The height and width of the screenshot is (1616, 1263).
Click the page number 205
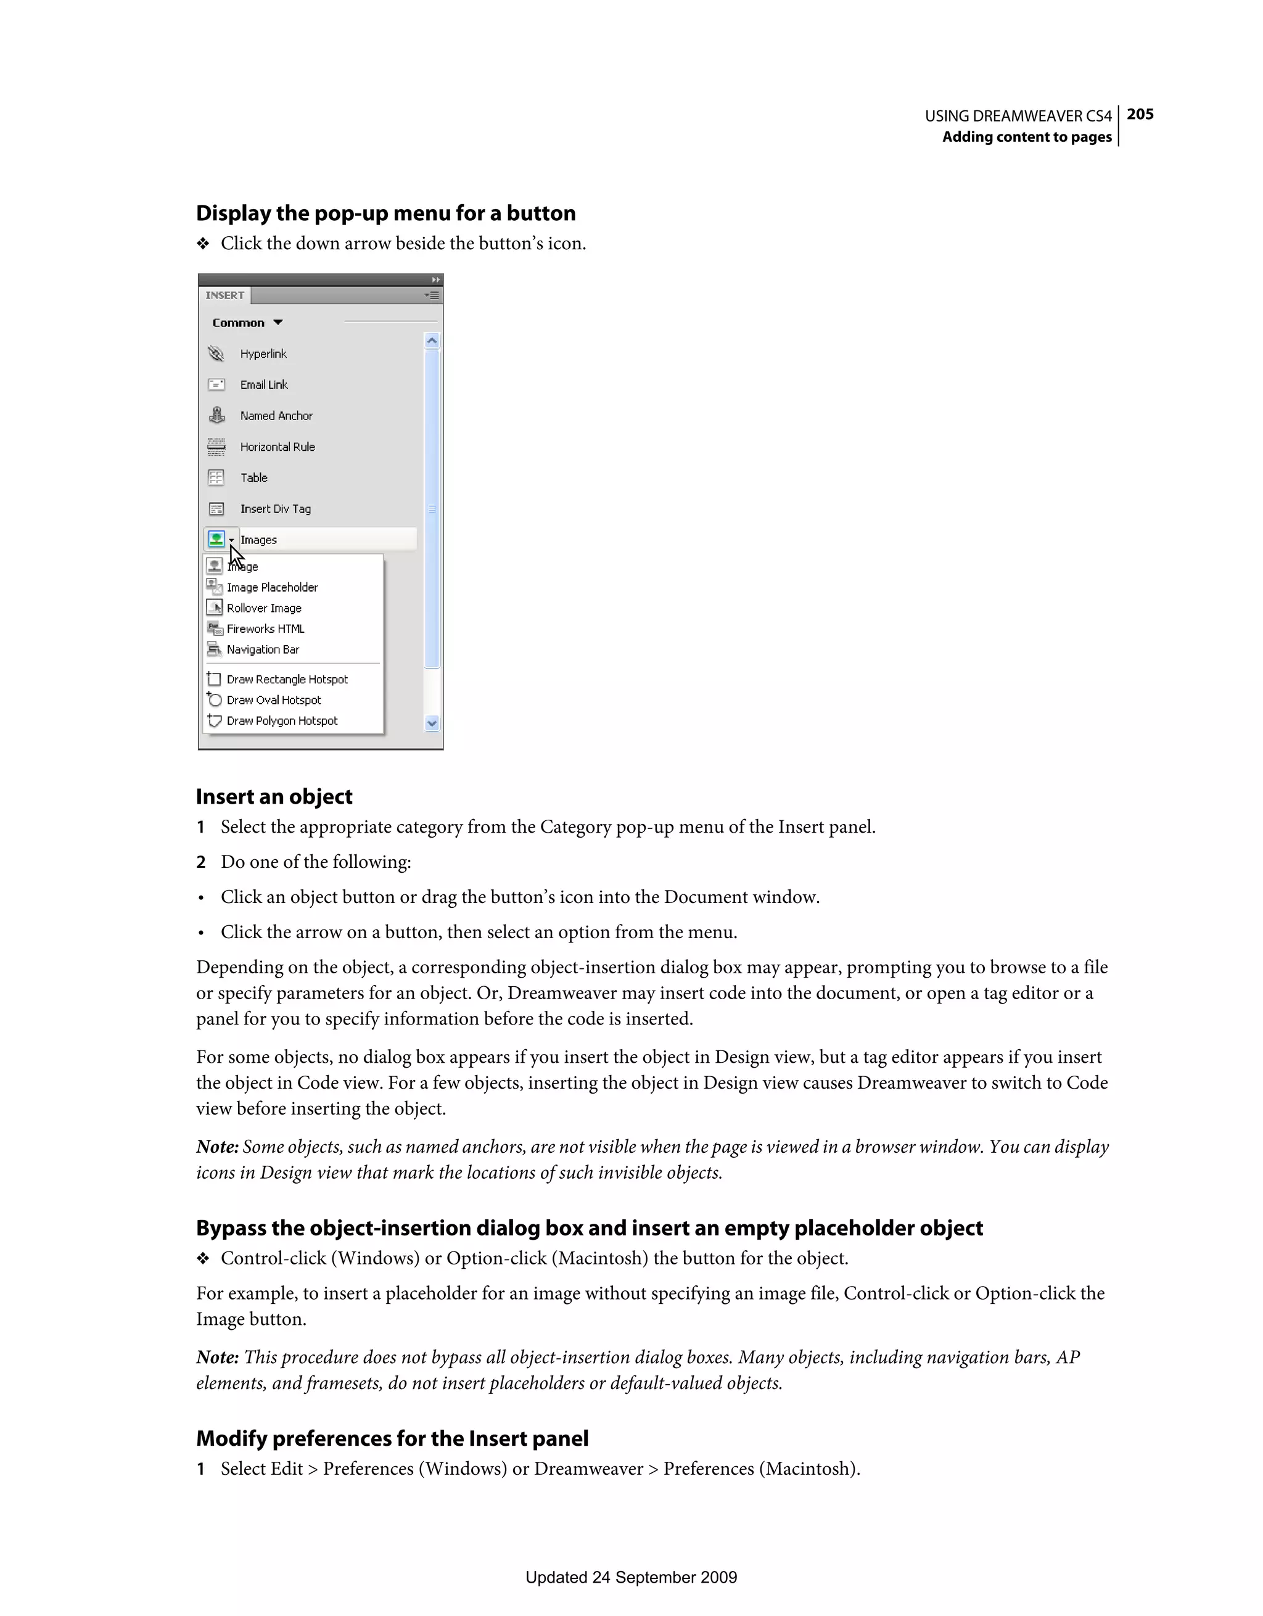[x=1140, y=114]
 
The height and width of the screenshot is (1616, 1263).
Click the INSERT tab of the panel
[x=225, y=295]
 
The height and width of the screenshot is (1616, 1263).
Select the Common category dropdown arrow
[x=278, y=323]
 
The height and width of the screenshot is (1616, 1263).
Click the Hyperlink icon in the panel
[x=216, y=353]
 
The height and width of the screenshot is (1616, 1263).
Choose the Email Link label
[x=263, y=385]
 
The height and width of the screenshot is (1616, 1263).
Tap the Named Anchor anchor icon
[x=216, y=416]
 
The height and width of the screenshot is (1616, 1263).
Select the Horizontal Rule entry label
[x=278, y=447]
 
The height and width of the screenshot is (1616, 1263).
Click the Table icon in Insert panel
[x=216, y=478]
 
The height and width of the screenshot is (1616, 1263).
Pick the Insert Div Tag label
[x=275, y=509]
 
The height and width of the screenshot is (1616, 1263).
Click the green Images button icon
[x=216, y=540]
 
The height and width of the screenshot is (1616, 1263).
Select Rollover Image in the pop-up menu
[x=264, y=608]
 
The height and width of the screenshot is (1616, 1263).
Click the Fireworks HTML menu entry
[x=266, y=629]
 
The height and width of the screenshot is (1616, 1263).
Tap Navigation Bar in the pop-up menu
[x=263, y=649]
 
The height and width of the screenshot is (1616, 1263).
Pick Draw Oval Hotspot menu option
[x=274, y=700]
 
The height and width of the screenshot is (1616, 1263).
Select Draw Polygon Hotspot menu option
[x=282, y=720]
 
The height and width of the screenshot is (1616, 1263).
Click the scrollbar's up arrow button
[x=432, y=341]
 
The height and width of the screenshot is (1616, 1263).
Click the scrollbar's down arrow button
[x=432, y=723]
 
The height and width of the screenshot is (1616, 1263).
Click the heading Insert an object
[x=274, y=796]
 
